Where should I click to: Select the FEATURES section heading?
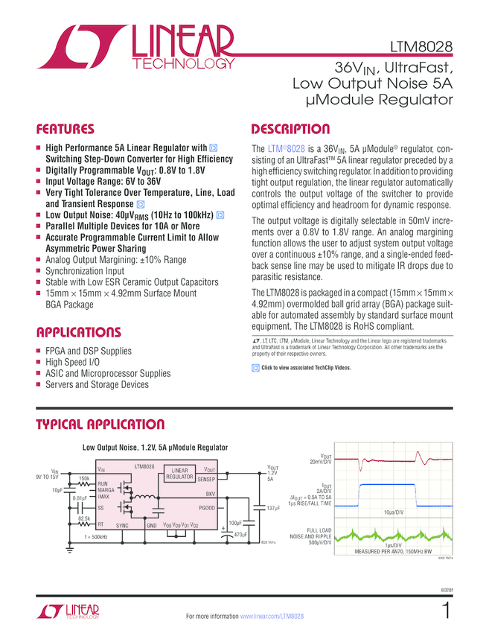[x=66, y=129]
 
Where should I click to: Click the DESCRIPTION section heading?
[x=291, y=129]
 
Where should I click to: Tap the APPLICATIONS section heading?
[x=78, y=331]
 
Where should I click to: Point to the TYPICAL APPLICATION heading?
[x=100, y=424]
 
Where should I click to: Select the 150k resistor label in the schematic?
[x=84, y=478]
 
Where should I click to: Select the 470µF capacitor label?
[x=240, y=535]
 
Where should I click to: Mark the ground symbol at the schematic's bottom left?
[x=71, y=550]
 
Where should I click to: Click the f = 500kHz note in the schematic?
[x=96, y=536]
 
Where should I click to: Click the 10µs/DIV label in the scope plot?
[x=415, y=514]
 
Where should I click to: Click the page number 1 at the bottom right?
[x=446, y=611]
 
